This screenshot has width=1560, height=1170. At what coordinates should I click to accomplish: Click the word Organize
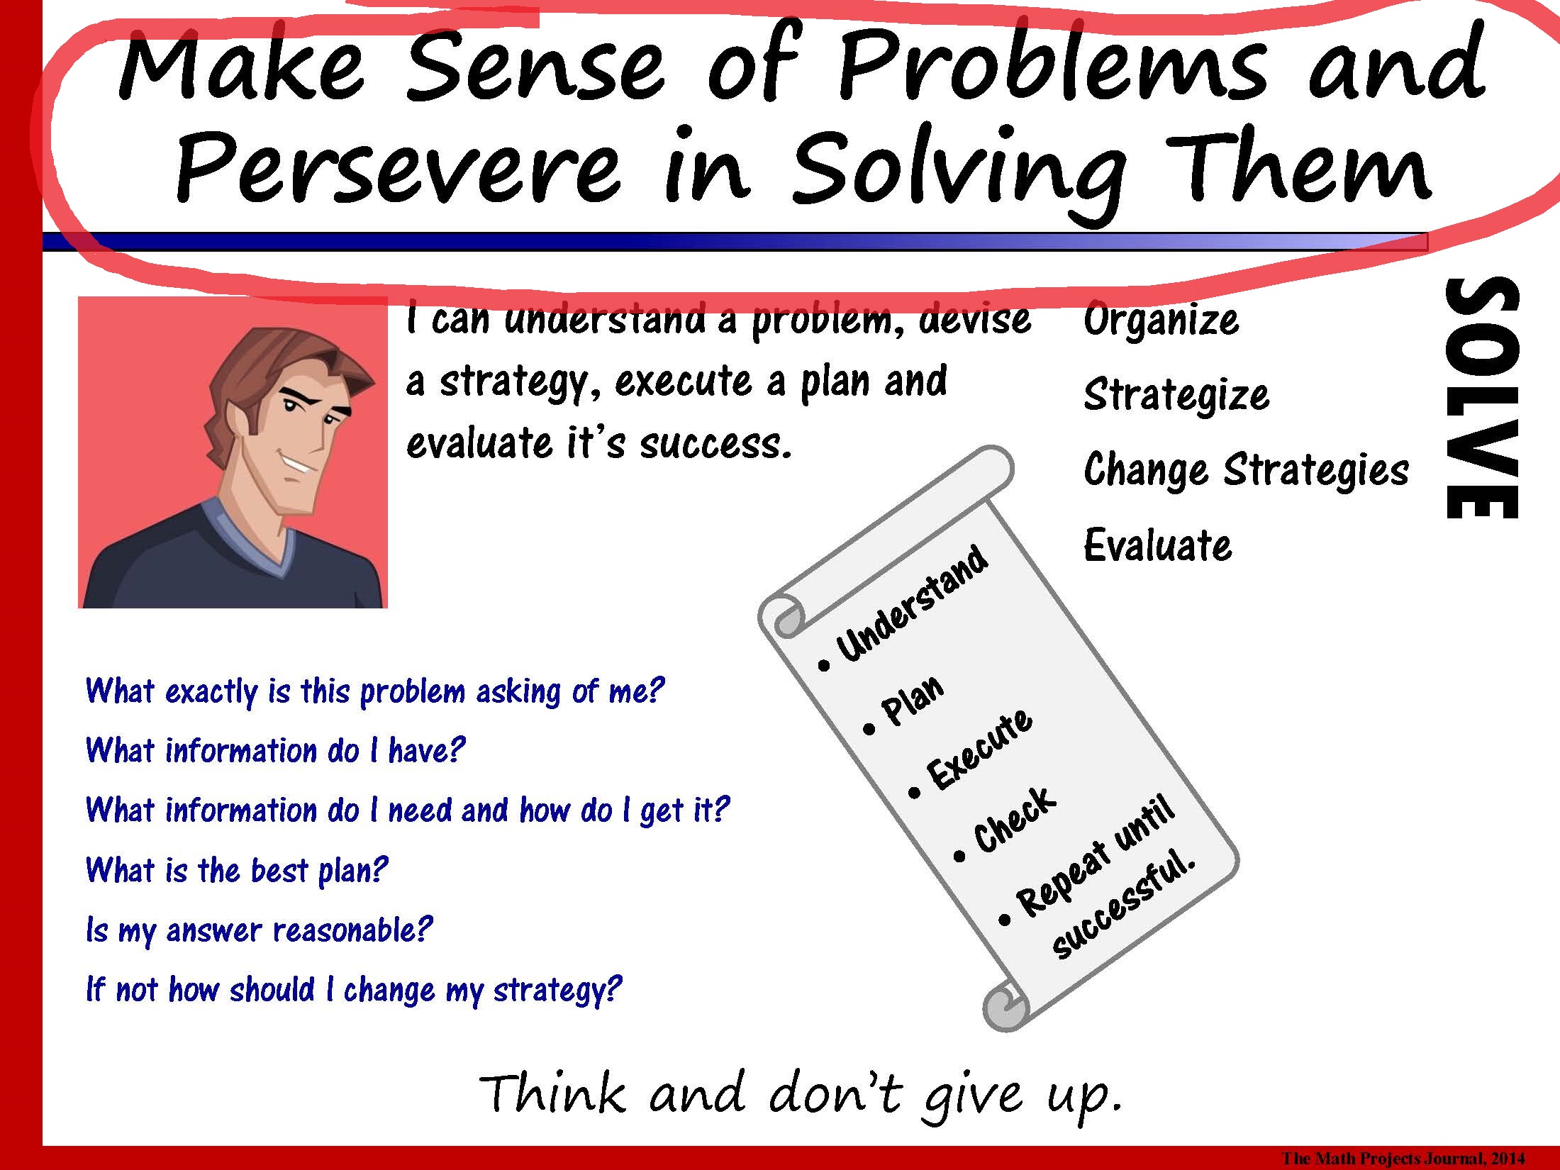[1161, 321]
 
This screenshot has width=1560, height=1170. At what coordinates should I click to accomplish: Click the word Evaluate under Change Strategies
[1158, 545]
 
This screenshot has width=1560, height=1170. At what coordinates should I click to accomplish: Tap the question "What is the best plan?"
[237, 871]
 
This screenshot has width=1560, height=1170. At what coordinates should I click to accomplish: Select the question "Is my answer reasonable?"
[259, 930]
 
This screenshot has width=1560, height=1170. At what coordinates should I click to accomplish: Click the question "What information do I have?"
[275, 751]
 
